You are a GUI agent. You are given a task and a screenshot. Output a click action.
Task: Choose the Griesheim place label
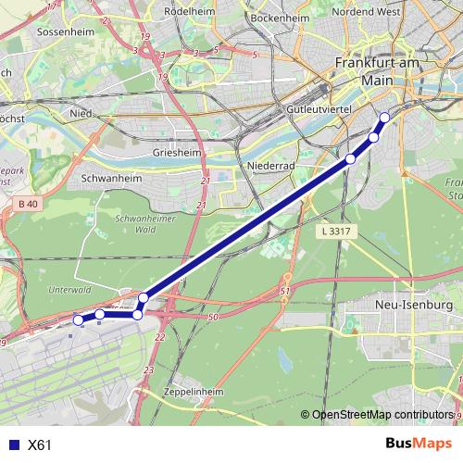point(171,152)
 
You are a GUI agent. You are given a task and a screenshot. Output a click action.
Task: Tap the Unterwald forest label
point(69,290)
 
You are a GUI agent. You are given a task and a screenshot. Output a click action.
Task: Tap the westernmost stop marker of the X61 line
point(78,319)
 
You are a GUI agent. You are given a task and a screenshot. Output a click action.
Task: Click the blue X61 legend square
point(12,444)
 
